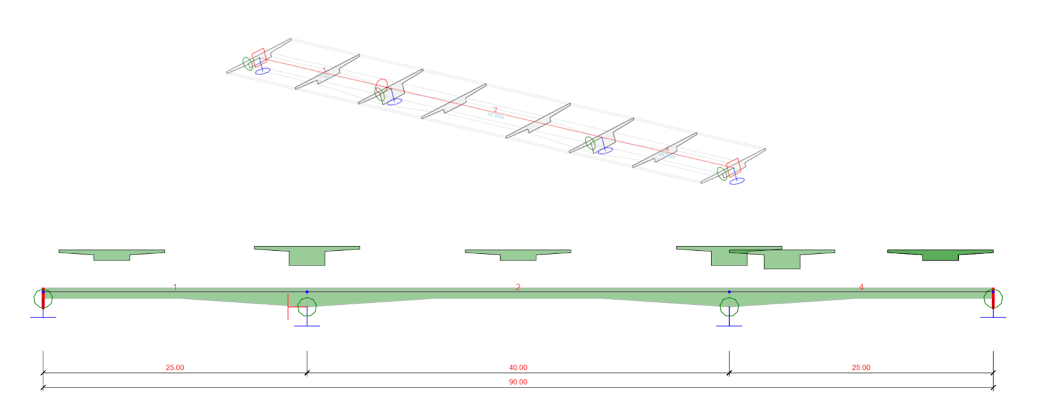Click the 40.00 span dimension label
518,367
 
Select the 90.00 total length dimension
518,382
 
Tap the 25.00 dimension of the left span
175,367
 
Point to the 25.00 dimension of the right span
861,367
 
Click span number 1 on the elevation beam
176,287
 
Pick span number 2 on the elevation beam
518,287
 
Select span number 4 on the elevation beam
861,287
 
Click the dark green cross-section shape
940,255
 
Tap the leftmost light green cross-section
111,254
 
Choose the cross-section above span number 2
518,254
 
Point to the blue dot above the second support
307,292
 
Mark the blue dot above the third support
729,292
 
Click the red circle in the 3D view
382,85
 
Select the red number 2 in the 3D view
496,110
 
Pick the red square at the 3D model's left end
258,56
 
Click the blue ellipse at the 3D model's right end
737,181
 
